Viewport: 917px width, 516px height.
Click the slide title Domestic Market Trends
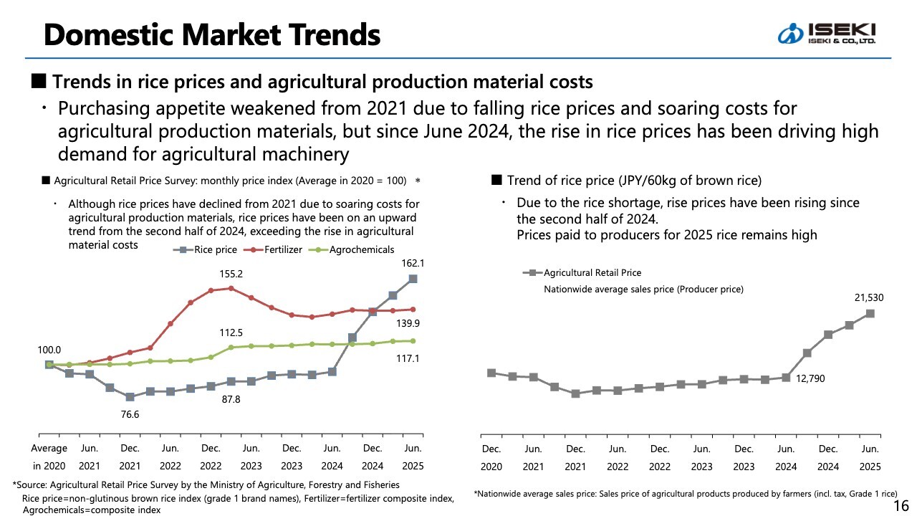click(211, 34)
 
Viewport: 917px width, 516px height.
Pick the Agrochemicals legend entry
click(354, 249)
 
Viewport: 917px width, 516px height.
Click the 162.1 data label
click(413, 263)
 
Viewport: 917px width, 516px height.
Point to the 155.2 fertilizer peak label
click(231, 274)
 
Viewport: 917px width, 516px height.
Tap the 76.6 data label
click(130, 414)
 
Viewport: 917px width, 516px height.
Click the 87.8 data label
click(230, 399)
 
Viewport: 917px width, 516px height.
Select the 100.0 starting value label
click(49, 349)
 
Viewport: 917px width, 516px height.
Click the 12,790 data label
click(811, 378)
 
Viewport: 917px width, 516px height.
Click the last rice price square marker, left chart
click(413, 279)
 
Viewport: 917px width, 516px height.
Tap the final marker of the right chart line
click(870, 313)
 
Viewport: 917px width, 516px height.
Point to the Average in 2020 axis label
click(49, 457)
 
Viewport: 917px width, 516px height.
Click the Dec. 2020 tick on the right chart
click(491, 457)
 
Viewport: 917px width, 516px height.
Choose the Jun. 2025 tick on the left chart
click(413, 457)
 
